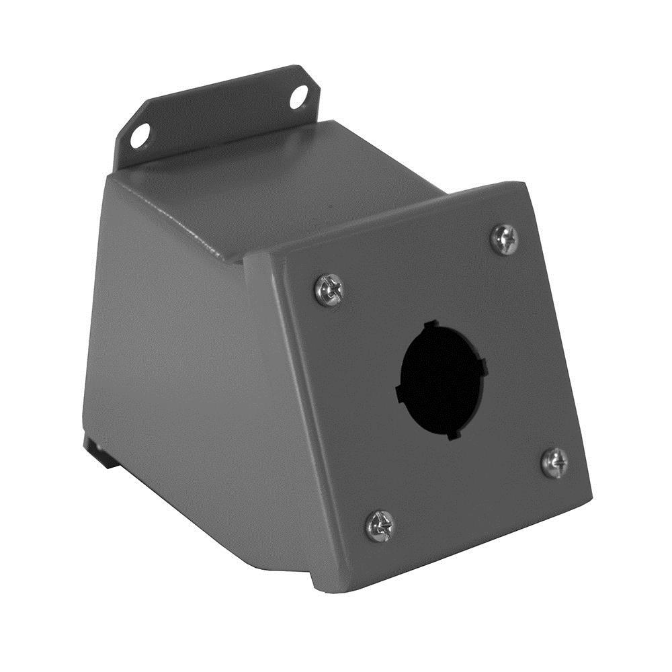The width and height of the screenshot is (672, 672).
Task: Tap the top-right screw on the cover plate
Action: coord(504,239)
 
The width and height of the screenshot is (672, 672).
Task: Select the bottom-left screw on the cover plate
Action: coord(380,526)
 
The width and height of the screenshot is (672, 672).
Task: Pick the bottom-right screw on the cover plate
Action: coord(555,463)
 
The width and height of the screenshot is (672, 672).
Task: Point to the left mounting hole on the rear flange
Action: coord(140,136)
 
